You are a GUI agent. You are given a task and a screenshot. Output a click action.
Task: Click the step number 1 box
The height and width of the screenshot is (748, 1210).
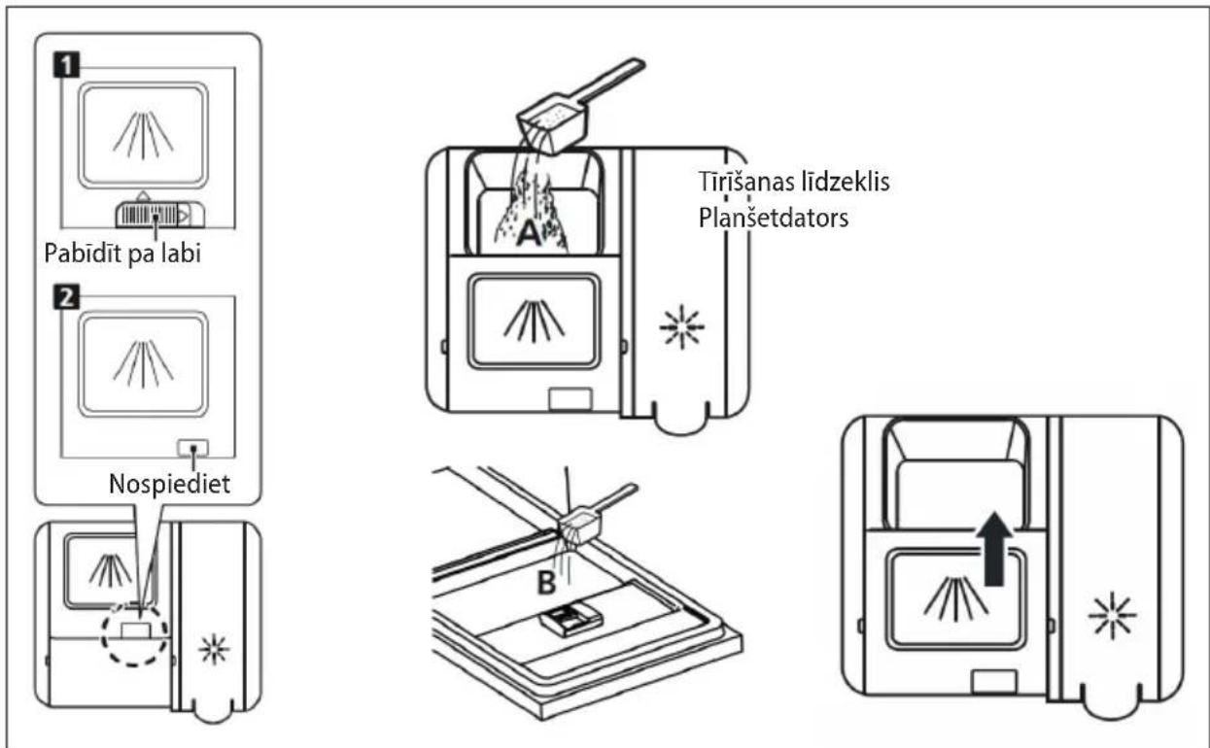click(66, 64)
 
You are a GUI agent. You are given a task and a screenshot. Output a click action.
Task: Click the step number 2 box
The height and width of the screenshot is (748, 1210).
click(66, 297)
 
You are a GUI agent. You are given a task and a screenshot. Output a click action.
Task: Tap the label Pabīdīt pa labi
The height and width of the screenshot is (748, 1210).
click(122, 254)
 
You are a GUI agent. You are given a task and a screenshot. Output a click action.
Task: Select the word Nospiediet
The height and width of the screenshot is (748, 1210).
click(170, 484)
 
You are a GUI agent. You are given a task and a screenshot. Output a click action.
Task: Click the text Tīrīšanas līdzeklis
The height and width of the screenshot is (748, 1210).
click(794, 182)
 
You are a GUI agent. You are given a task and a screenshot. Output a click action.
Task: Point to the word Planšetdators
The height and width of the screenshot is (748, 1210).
click(774, 219)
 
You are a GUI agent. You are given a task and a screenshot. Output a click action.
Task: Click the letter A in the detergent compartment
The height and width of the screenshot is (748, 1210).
click(529, 233)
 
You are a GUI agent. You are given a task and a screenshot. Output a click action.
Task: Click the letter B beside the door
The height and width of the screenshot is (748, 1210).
click(546, 583)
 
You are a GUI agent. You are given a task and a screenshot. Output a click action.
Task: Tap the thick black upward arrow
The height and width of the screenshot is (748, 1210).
click(994, 549)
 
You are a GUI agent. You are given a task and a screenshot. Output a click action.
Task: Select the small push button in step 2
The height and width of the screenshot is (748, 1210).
click(192, 448)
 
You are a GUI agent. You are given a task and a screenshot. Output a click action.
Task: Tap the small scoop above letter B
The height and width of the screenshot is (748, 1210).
click(593, 514)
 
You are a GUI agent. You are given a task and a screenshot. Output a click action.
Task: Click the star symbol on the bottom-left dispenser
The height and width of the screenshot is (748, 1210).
click(214, 649)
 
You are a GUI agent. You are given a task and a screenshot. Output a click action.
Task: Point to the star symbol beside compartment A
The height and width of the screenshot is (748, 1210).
click(681, 326)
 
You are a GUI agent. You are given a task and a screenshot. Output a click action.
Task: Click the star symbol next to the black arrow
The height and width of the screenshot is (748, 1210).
click(1112, 616)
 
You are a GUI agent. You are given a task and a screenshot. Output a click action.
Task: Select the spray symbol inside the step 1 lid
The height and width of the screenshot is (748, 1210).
click(143, 135)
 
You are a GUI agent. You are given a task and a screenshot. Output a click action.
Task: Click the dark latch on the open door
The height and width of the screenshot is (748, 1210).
click(570, 619)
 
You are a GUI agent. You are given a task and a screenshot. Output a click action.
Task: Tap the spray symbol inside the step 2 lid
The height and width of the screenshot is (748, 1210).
click(143, 364)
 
